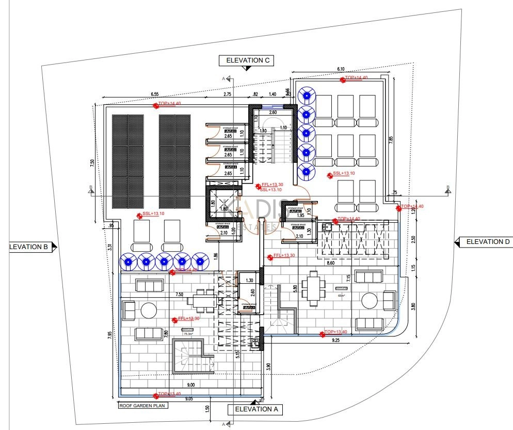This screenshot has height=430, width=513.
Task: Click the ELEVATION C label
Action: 246,60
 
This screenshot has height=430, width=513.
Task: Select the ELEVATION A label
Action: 256,409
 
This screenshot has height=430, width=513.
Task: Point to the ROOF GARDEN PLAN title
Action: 141,406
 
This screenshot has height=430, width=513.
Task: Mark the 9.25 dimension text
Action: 336,341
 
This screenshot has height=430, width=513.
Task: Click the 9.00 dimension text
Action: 190,385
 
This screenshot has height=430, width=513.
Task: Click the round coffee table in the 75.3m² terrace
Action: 149,310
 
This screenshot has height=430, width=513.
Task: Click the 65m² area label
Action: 341,295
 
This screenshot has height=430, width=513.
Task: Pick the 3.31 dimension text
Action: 109,248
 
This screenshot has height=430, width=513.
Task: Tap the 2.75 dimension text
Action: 227,94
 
